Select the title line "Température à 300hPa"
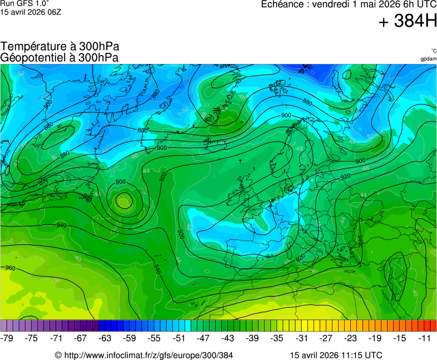tap(59, 47)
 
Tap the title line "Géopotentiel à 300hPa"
tap(59, 57)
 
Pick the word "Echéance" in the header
tap(284, 4)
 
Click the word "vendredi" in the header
tap(332, 4)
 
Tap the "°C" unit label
tap(433, 51)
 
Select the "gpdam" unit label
tap(428, 59)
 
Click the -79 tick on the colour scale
tap(7, 338)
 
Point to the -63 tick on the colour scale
tap(105, 338)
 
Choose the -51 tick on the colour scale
tap(179, 338)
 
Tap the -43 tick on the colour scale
tap(228, 338)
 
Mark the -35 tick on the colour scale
tap(277, 338)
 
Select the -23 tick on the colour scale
tap(350, 338)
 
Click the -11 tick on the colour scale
tap(425, 338)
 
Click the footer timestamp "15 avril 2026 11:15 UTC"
tap(336, 355)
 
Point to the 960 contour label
tap(11, 268)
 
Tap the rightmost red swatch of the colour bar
tap(434, 326)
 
